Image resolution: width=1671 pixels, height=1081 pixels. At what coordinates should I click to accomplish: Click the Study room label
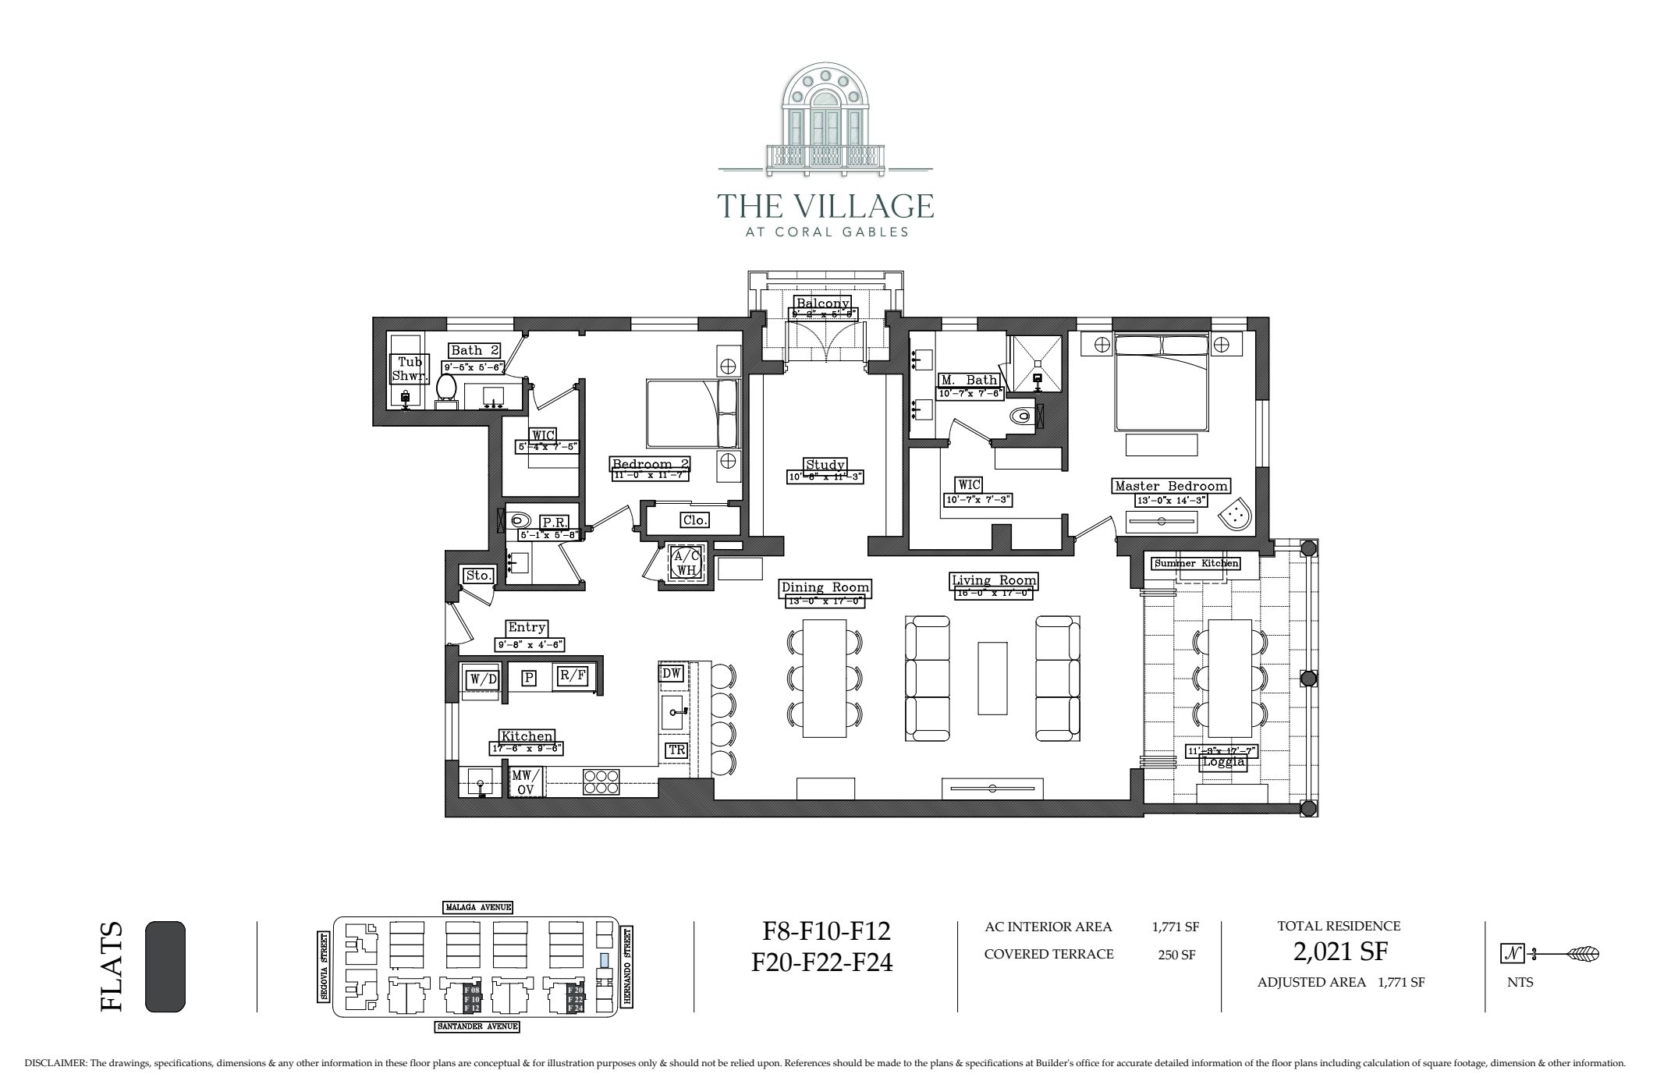(x=825, y=465)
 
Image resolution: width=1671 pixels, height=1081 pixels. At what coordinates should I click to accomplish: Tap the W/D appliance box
(x=483, y=679)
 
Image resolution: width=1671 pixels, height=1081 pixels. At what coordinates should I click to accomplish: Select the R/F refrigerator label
(x=572, y=675)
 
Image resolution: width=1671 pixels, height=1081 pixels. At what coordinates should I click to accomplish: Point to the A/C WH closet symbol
(x=686, y=562)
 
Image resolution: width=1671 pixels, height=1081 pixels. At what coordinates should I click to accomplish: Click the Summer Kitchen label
(x=1196, y=563)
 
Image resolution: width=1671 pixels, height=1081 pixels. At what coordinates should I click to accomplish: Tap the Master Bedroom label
(x=1171, y=486)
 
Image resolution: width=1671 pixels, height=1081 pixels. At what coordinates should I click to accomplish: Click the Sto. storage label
(x=479, y=576)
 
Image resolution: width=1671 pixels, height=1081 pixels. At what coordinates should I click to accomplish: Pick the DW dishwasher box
(x=671, y=673)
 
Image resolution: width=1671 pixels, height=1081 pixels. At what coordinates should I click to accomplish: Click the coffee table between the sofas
(x=992, y=678)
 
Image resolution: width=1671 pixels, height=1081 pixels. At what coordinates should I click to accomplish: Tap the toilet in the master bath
(x=1021, y=417)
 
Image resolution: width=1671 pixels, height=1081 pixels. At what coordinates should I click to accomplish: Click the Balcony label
(x=822, y=303)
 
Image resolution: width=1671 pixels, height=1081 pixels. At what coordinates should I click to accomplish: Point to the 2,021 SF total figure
(x=1339, y=952)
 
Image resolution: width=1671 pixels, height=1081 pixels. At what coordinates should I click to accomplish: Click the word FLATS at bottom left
(x=112, y=967)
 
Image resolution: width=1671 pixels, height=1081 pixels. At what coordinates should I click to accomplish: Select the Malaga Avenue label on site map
(x=477, y=907)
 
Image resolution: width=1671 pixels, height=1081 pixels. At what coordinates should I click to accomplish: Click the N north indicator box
(x=1512, y=953)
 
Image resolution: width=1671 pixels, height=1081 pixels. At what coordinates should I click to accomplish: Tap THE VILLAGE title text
(x=825, y=206)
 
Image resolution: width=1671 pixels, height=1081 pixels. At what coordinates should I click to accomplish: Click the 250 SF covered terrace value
(x=1176, y=955)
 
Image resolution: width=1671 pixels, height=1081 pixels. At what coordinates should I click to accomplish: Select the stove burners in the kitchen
(x=601, y=782)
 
